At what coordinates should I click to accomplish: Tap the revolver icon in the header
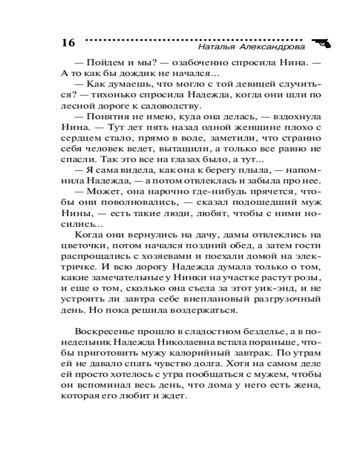pyautogui.click(x=321, y=42)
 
